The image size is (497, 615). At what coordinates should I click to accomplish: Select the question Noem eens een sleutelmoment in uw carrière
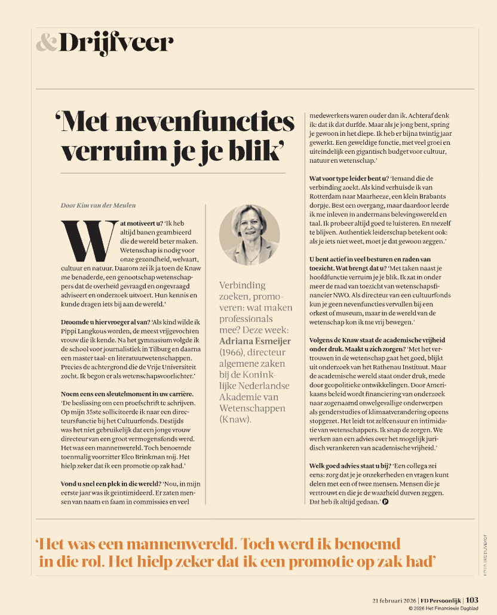pyautogui.click(x=127, y=394)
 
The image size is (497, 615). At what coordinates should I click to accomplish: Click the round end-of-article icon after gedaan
pyautogui.click(x=385, y=502)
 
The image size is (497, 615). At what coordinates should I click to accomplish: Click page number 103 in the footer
pyautogui.click(x=472, y=599)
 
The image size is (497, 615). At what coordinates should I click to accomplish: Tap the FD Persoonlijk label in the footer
pyautogui.click(x=440, y=600)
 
